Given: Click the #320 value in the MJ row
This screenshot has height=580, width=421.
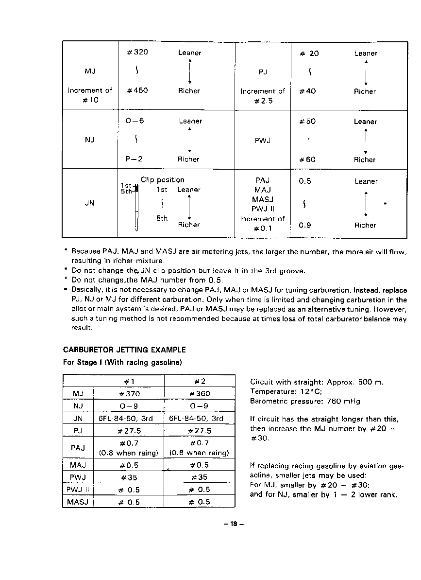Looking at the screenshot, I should tap(137, 53).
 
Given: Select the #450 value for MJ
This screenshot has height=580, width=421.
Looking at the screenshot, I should tap(137, 90).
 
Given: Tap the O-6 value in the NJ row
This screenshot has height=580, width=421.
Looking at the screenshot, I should tap(135, 121).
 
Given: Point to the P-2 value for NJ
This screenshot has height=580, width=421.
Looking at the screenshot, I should tap(134, 159).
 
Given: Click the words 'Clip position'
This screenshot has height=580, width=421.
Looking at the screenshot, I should tap(163, 180).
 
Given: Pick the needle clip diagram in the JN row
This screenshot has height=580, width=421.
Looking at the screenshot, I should tap(137, 207).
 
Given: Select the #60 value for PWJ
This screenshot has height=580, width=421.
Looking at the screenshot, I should tap(307, 159).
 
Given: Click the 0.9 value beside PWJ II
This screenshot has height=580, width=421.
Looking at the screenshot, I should tap(305, 225).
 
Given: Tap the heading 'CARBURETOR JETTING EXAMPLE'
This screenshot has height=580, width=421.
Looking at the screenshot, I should tap(124, 350).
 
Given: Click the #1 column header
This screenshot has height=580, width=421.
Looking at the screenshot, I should tap(129, 381).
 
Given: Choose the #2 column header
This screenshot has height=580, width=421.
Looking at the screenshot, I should tap(200, 381).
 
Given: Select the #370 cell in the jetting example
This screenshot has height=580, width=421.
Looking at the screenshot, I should tap(129, 394).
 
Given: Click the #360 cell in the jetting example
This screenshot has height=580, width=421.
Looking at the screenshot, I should tap(200, 394).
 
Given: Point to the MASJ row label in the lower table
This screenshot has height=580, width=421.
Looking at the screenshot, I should tap(78, 502).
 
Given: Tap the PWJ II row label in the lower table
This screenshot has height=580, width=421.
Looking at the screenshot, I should tap(78, 490).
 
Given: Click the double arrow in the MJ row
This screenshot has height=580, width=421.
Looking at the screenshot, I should tap(190, 71).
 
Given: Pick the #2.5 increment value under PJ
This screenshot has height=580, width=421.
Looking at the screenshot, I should tap(263, 101).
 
